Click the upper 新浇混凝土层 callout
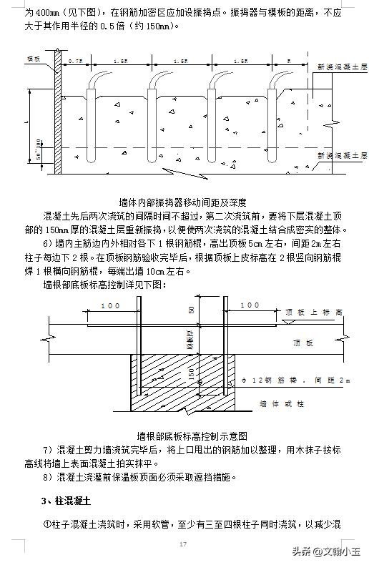[x=343, y=66]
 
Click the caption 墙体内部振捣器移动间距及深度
[x=184, y=202]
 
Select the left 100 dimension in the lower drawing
[x=111, y=306]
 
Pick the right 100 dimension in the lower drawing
[x=250, y=306]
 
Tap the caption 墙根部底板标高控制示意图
[x=192, y=436]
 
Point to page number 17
[x=184, y=545]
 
